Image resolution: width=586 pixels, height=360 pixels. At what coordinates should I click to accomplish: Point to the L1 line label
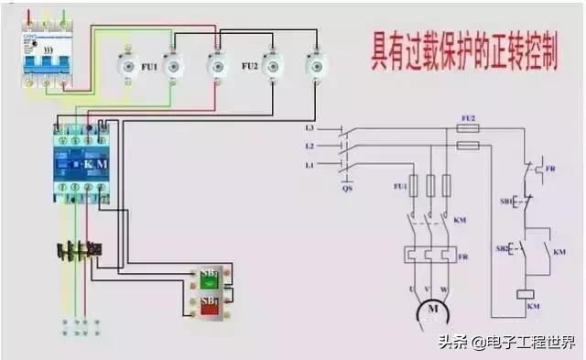point(309,164)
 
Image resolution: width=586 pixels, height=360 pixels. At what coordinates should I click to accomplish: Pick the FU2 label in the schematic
point(468,118)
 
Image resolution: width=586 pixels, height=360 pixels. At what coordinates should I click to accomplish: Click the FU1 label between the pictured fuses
point(148,67)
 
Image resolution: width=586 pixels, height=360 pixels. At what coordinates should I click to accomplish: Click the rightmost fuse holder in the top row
point(316,65)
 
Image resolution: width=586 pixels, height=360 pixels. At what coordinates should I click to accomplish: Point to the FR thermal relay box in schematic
point(428,255)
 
